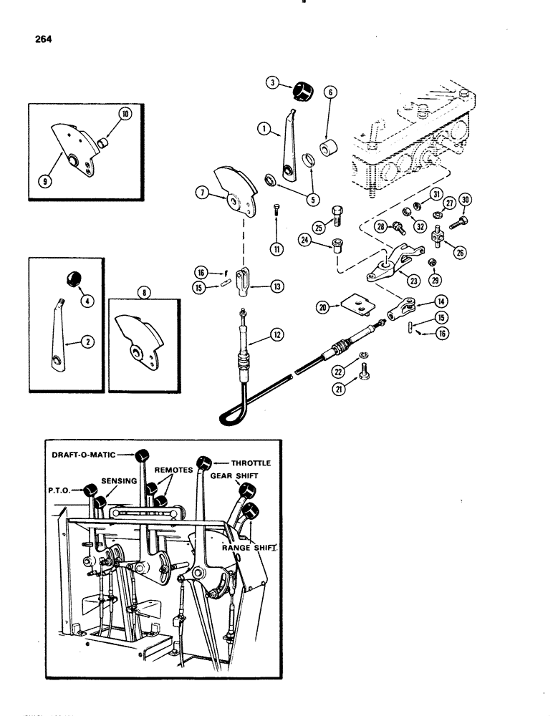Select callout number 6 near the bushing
pos(330,92)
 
